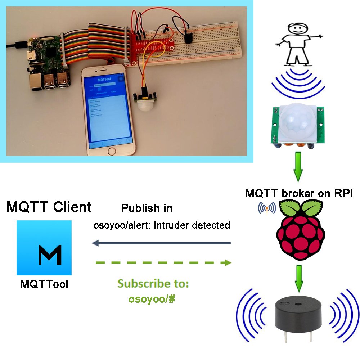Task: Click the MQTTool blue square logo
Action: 44,248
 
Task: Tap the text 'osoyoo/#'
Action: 152,299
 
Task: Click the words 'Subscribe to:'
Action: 153,284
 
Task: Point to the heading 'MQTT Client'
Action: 49,207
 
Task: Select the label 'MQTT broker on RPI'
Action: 299,193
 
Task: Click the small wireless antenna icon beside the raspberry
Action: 267,208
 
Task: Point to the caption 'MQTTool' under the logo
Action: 44,284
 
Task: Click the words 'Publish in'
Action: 147,208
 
